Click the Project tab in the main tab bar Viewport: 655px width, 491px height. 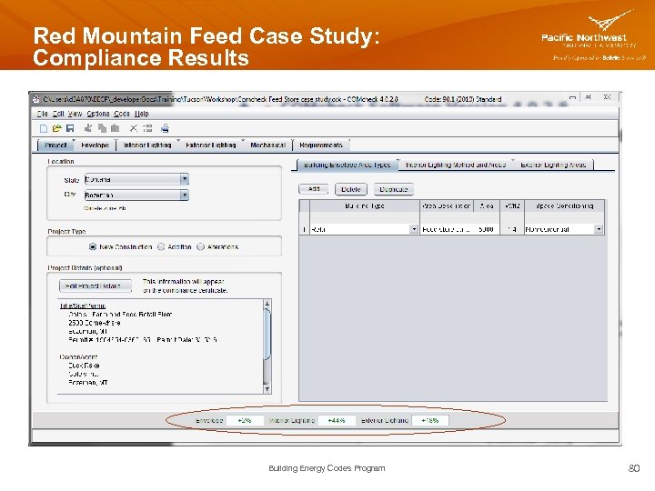click(x=55, y=145)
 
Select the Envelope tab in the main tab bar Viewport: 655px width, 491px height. click(x=95, y=145)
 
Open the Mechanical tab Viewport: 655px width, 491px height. click(x=267, y=145)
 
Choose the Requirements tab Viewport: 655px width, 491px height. click(x=321, y=145)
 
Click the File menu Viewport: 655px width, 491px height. click(x=42, y=114)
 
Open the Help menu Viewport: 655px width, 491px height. click(x=142, y=114)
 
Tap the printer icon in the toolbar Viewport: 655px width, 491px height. click(x=165, y=128)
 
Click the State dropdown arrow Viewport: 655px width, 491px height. click(x=184, y=179)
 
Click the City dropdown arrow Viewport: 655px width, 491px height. click(x=184, y=195)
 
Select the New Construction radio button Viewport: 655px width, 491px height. click(x=93, y=246)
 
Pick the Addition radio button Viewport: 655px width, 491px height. click(x=161, y=246)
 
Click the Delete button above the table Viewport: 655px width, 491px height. click(x=351, y=189)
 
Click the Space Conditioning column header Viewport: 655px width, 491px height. click(x=564, y=205)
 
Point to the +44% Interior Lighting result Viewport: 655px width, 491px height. click(x=337, y=420)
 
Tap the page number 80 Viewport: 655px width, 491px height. click(x=633, y=468)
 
